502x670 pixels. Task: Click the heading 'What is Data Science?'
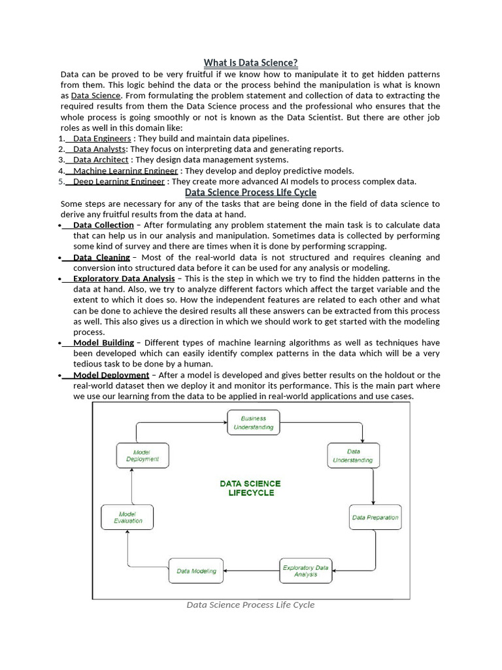point(250,63)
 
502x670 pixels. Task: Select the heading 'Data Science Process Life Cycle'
point(250,192)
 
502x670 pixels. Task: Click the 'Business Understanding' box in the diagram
point(253,423)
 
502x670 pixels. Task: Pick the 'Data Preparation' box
point(375,517)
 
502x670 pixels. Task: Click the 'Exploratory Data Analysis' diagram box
point(305,571)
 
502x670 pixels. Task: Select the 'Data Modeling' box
point(196,571)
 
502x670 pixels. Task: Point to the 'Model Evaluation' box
point(127,517)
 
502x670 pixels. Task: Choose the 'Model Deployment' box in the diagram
point(142,455)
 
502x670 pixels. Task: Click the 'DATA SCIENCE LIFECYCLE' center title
point(250,488)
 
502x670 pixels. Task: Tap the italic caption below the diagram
point(250,605)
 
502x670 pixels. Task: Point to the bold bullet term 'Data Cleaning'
point(101,257)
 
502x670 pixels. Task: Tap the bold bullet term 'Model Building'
point(103,343)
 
